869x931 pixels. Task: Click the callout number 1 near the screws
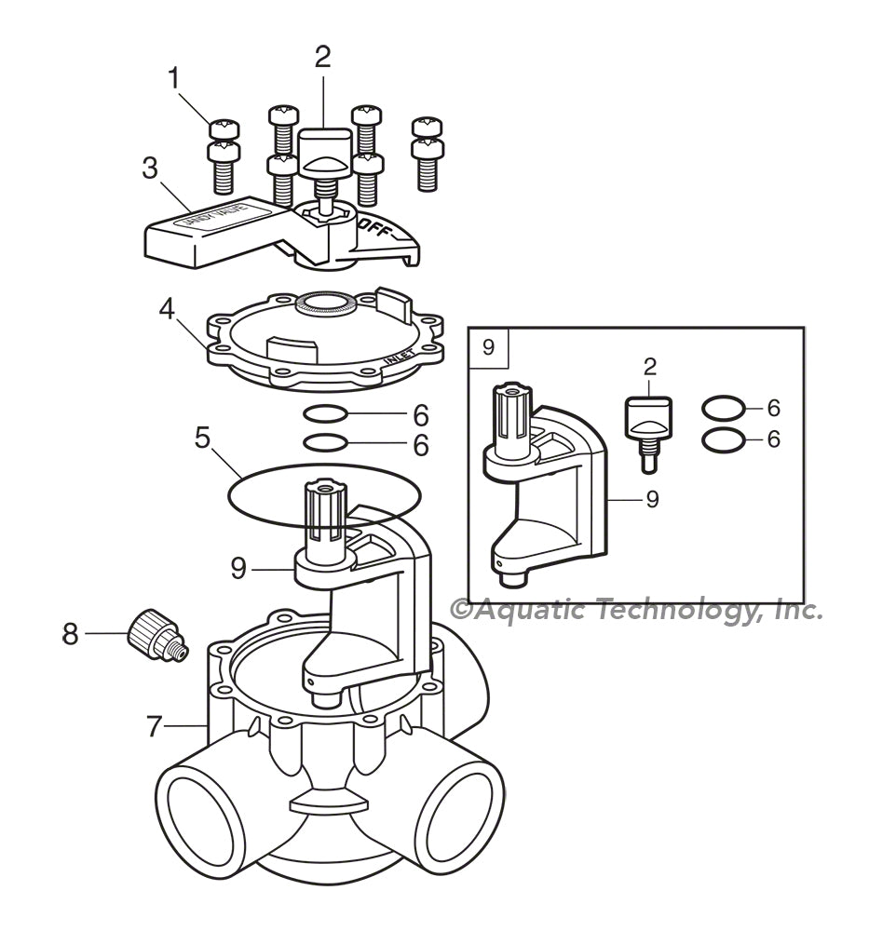(x=173, y=79)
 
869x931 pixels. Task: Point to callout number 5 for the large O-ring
(x=202, y=437)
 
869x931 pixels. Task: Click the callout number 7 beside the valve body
(x=155, y=726)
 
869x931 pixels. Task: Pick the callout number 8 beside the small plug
(x=71, y=634)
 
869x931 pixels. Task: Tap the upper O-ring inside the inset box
(x=723, y=407)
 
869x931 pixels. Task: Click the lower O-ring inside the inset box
(x=723, y=439)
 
